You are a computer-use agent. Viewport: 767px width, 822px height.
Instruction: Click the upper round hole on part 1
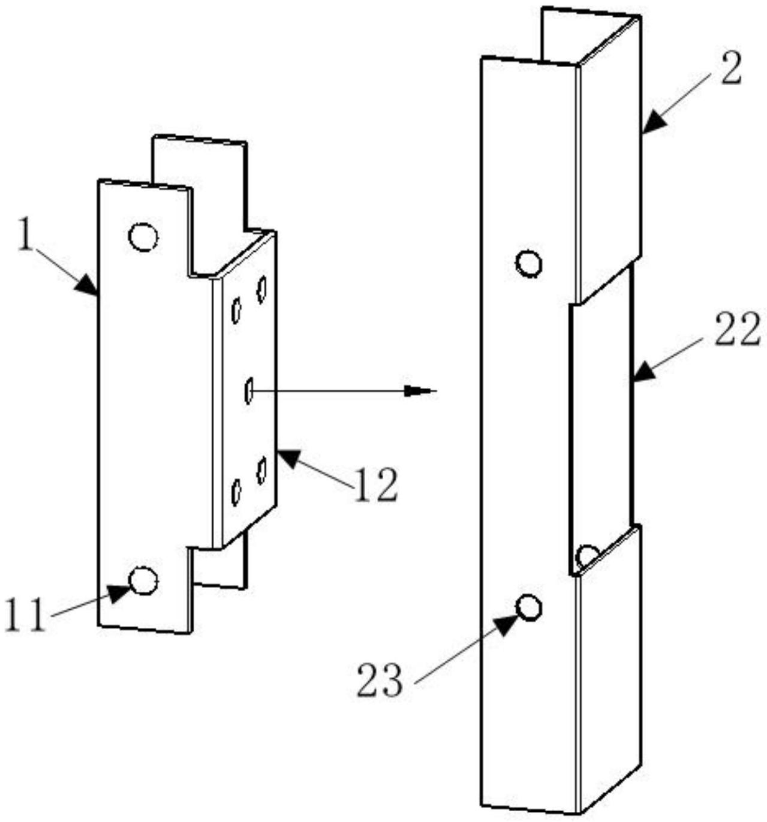click(x=143, y=237)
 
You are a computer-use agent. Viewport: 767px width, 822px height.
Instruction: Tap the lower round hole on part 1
click(x=143, y=580)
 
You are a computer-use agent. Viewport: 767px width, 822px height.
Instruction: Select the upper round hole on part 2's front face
click(x=529, y=263)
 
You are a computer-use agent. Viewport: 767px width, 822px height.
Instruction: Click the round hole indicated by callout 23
click(x=529, y=607)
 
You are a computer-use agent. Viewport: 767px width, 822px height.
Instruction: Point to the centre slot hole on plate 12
click(x=249, y=390)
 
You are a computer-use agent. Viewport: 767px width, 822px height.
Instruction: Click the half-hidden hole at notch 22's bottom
click(x=586, y=555)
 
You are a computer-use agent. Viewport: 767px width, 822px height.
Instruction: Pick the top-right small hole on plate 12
click(x=261, y=290)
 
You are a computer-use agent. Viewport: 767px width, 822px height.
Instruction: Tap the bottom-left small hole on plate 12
click(x=236, y=492)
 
